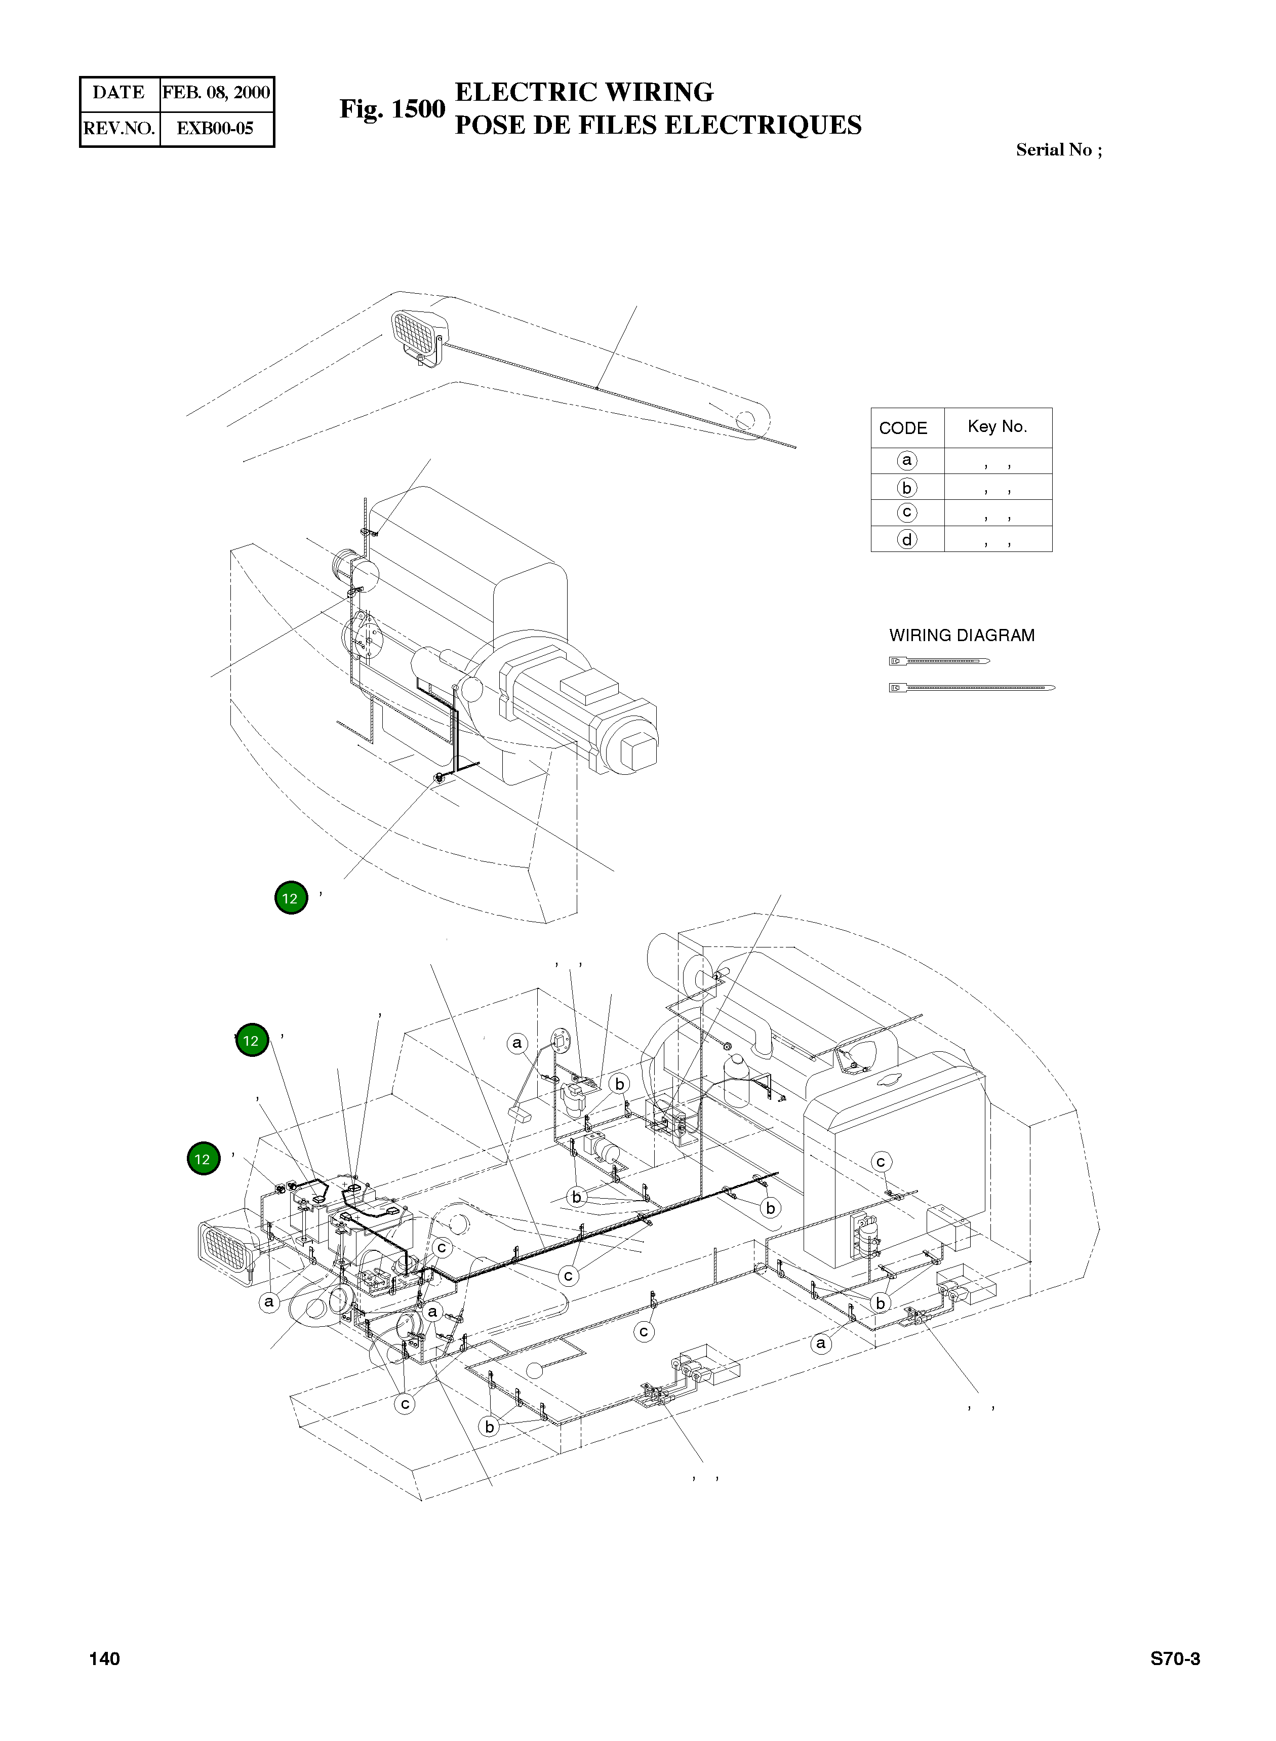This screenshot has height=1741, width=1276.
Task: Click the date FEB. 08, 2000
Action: tap(216, 93)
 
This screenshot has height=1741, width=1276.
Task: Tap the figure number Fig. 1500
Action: tap(392, 109)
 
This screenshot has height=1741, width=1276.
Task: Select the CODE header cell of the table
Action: tap(903, 428)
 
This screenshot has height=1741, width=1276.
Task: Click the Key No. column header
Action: tap(997, 426)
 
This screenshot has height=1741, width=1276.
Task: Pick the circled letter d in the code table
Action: tap(907, 539)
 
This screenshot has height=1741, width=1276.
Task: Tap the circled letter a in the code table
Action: tap(907, 460)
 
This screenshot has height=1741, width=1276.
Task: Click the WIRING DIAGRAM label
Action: tap(962, 635)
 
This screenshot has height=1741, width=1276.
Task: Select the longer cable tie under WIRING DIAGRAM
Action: tap(972, 688)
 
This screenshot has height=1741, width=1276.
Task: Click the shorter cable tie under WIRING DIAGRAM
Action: tap(939, 660)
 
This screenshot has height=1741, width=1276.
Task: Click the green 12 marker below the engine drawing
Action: tap(291, 897)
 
